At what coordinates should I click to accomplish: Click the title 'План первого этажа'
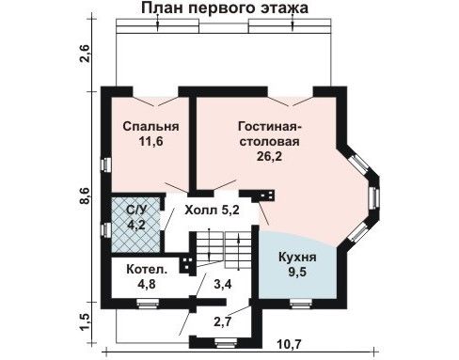point(225,8)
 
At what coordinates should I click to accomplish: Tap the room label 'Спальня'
point(150,126)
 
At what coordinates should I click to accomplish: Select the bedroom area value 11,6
point(151,142)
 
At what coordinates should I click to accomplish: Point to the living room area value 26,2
point(269,156)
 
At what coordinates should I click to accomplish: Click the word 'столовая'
point(269,141)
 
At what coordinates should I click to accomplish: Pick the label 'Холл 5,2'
point(212,210)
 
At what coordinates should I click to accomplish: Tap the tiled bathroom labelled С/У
point(136,225)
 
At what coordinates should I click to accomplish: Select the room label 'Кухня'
point(297,258)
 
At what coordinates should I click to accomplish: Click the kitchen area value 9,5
point(297,273)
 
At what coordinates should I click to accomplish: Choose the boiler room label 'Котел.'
point(147,270)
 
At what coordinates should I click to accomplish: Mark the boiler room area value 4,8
point(147,284)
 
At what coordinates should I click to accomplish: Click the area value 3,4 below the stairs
point(223,285)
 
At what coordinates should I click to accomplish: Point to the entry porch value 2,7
point(223,321)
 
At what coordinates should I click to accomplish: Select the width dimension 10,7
point(289,345)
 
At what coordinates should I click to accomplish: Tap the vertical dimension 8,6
point(86,196)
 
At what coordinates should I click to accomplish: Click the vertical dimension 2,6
point(86,55)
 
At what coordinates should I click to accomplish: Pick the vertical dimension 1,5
point(86,321)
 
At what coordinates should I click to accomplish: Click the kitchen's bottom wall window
point(301,304)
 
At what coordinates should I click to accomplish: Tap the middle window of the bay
point(374,197)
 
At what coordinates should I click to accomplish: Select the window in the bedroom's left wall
point(106,164)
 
